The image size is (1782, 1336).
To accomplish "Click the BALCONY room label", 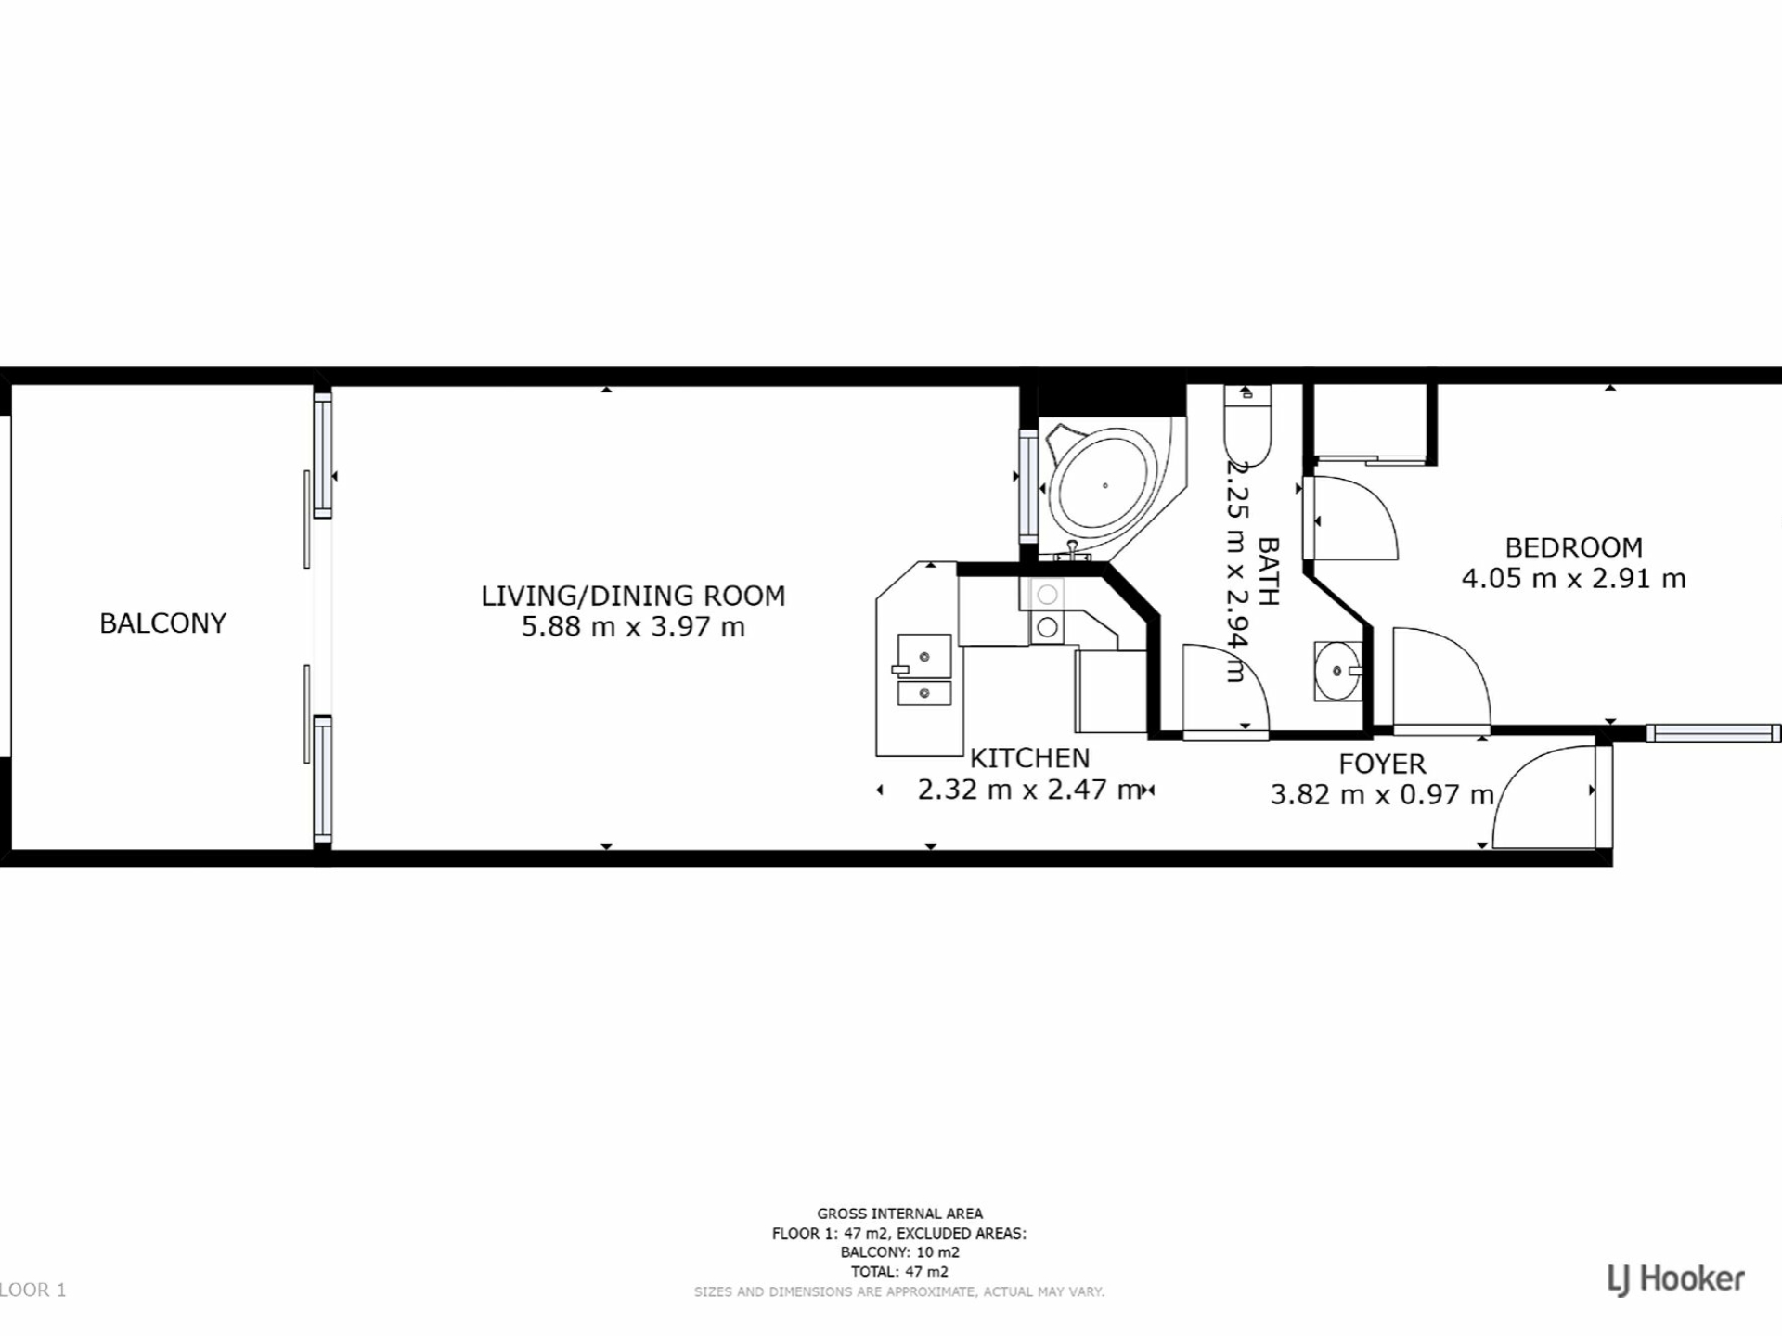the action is point(162,623).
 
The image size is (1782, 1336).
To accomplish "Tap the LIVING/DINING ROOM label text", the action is point(633,596).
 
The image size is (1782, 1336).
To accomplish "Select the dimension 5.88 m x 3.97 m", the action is point(633,627).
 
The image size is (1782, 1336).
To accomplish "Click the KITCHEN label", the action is point(1029,759).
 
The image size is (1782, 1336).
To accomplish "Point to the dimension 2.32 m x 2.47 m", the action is point(1029,790).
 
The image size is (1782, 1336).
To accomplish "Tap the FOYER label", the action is point(1382,764).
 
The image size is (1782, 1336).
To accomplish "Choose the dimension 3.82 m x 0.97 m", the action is point(1382,795).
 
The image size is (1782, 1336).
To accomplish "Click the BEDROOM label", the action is point(1573,547).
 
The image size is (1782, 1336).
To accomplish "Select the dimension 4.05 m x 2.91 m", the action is point(1573,579).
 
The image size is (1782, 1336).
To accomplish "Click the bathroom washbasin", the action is point(1337,671).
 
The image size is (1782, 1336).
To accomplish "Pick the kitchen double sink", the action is point(923,670).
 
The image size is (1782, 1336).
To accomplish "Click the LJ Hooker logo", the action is point(1676,1280).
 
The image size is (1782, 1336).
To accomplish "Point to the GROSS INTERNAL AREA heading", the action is point(899,1214).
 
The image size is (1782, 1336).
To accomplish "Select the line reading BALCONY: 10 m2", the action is point(899,1252).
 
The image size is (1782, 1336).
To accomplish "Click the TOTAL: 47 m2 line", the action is point(899,1272).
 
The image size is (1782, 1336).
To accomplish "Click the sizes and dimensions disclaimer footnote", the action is point(899,1291).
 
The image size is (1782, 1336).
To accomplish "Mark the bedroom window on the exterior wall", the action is point(1713,734).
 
